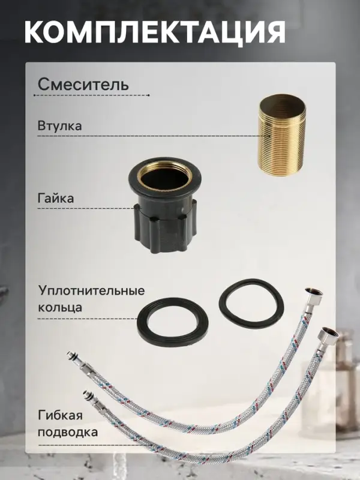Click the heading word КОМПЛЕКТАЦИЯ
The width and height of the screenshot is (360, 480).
point(155,32)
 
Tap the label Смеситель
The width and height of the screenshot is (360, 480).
point(83,84)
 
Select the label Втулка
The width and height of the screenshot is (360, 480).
point(59,127)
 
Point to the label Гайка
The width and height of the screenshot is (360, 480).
point(56,197)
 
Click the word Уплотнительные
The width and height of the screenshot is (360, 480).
point(91,291)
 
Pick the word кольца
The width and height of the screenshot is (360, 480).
point(60,307)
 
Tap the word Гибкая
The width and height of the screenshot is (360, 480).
point(60,416)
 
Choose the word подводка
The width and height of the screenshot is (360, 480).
point(68,432)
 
